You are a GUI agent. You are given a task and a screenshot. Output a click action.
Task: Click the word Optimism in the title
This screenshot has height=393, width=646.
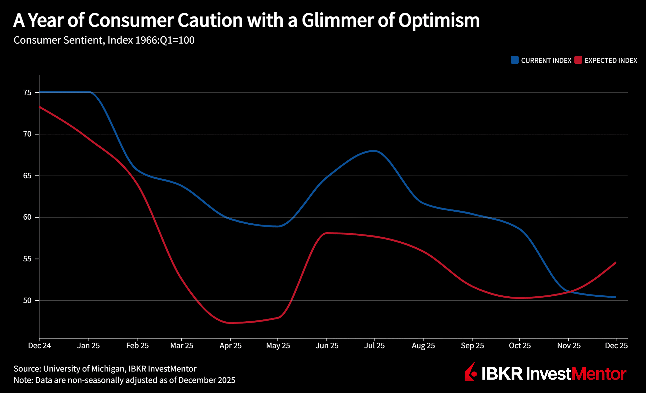pos(439,21)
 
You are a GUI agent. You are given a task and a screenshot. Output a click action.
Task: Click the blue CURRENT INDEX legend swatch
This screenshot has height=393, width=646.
pos(515,60)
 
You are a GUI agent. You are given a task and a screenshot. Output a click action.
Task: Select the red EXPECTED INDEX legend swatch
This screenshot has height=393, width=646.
pos(578,60)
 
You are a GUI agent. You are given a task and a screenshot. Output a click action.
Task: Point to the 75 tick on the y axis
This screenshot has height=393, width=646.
pos(27,93)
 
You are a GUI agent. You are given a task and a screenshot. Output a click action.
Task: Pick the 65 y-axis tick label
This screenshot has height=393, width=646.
pos(27,175)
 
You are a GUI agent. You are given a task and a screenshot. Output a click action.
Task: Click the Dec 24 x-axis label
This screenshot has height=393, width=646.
pos(39,346)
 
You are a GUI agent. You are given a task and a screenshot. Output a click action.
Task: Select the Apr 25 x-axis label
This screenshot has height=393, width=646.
pos(230,346)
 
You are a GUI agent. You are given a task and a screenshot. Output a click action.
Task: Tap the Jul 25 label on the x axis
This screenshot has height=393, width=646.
pos(374,346)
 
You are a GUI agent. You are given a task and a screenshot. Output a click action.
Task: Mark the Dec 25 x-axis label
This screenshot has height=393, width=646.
pos(616,346)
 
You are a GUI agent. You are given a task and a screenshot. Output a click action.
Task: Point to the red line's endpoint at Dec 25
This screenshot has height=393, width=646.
pos(616,262)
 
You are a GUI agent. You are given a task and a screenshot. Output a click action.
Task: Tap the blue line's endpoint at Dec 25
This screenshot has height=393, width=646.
pos(616,297)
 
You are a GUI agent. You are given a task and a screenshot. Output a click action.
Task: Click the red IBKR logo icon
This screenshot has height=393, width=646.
pos(471,372)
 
